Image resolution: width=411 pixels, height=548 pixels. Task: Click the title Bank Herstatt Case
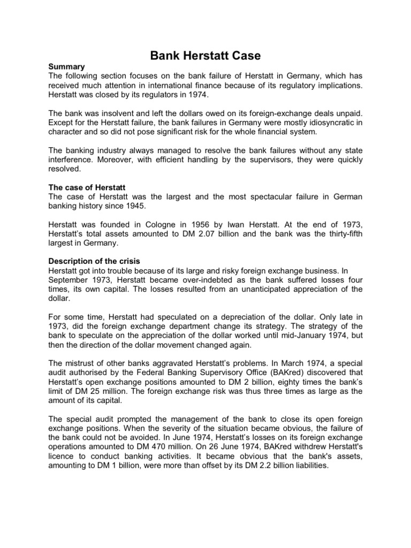[205, 55]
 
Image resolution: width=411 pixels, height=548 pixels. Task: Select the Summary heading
[67, 67]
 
